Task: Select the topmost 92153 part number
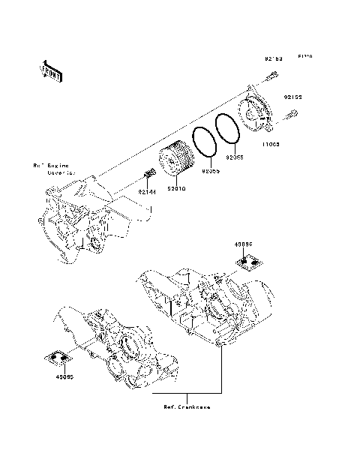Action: (x=272, y=58)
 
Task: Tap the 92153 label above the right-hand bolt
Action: (x=292, y=97)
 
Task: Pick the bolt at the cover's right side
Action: (x=291, y=114)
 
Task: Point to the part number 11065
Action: (x=271, y=143)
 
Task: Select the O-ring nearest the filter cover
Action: (x=226, y=129)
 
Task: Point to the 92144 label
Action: (x=146, y=191)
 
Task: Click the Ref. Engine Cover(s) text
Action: (x=52, y=169)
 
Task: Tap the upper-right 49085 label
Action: (x=244, y=244)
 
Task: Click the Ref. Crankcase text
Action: (x=187, y=407)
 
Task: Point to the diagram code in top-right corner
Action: (x=305, y=57)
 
